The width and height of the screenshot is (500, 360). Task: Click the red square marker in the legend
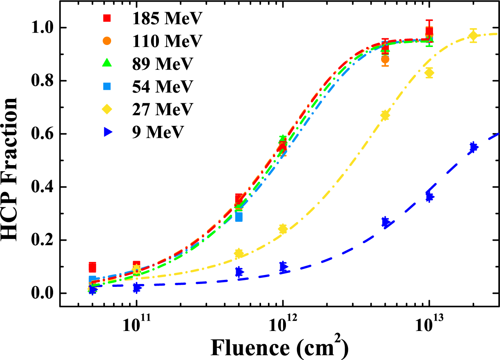(x=107, y=18)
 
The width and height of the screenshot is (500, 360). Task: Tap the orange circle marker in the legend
(x=107, y=41)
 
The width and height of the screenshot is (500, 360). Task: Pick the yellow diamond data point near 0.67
(x=385, y=116)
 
